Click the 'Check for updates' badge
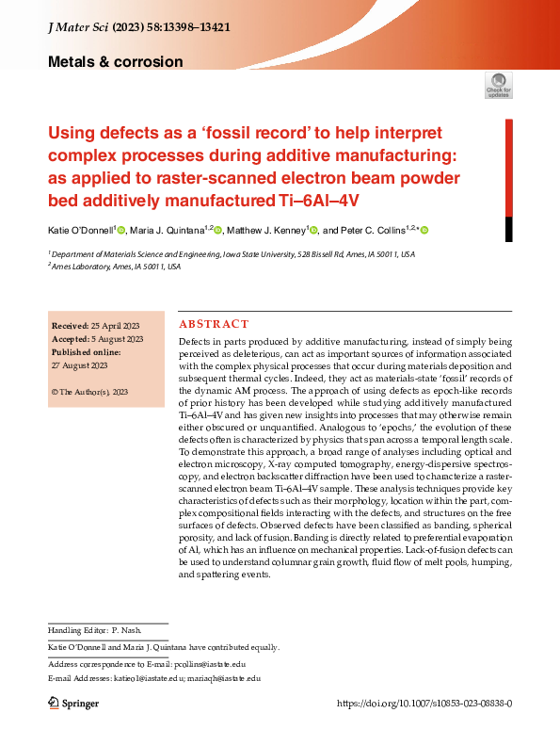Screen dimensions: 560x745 tap(498, 86)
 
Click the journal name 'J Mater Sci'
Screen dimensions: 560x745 tap(78, 30)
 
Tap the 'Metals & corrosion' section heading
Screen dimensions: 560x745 tap(115, 62)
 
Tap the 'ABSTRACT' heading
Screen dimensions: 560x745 tap(214, 323)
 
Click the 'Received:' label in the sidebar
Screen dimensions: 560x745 tap(70, 325)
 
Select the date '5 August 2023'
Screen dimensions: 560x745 tap(116, 338)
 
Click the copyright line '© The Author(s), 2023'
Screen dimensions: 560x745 tap(89, 391)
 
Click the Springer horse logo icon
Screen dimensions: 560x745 tap(54, 704)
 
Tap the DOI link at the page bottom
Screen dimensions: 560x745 tap(424, 704)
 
